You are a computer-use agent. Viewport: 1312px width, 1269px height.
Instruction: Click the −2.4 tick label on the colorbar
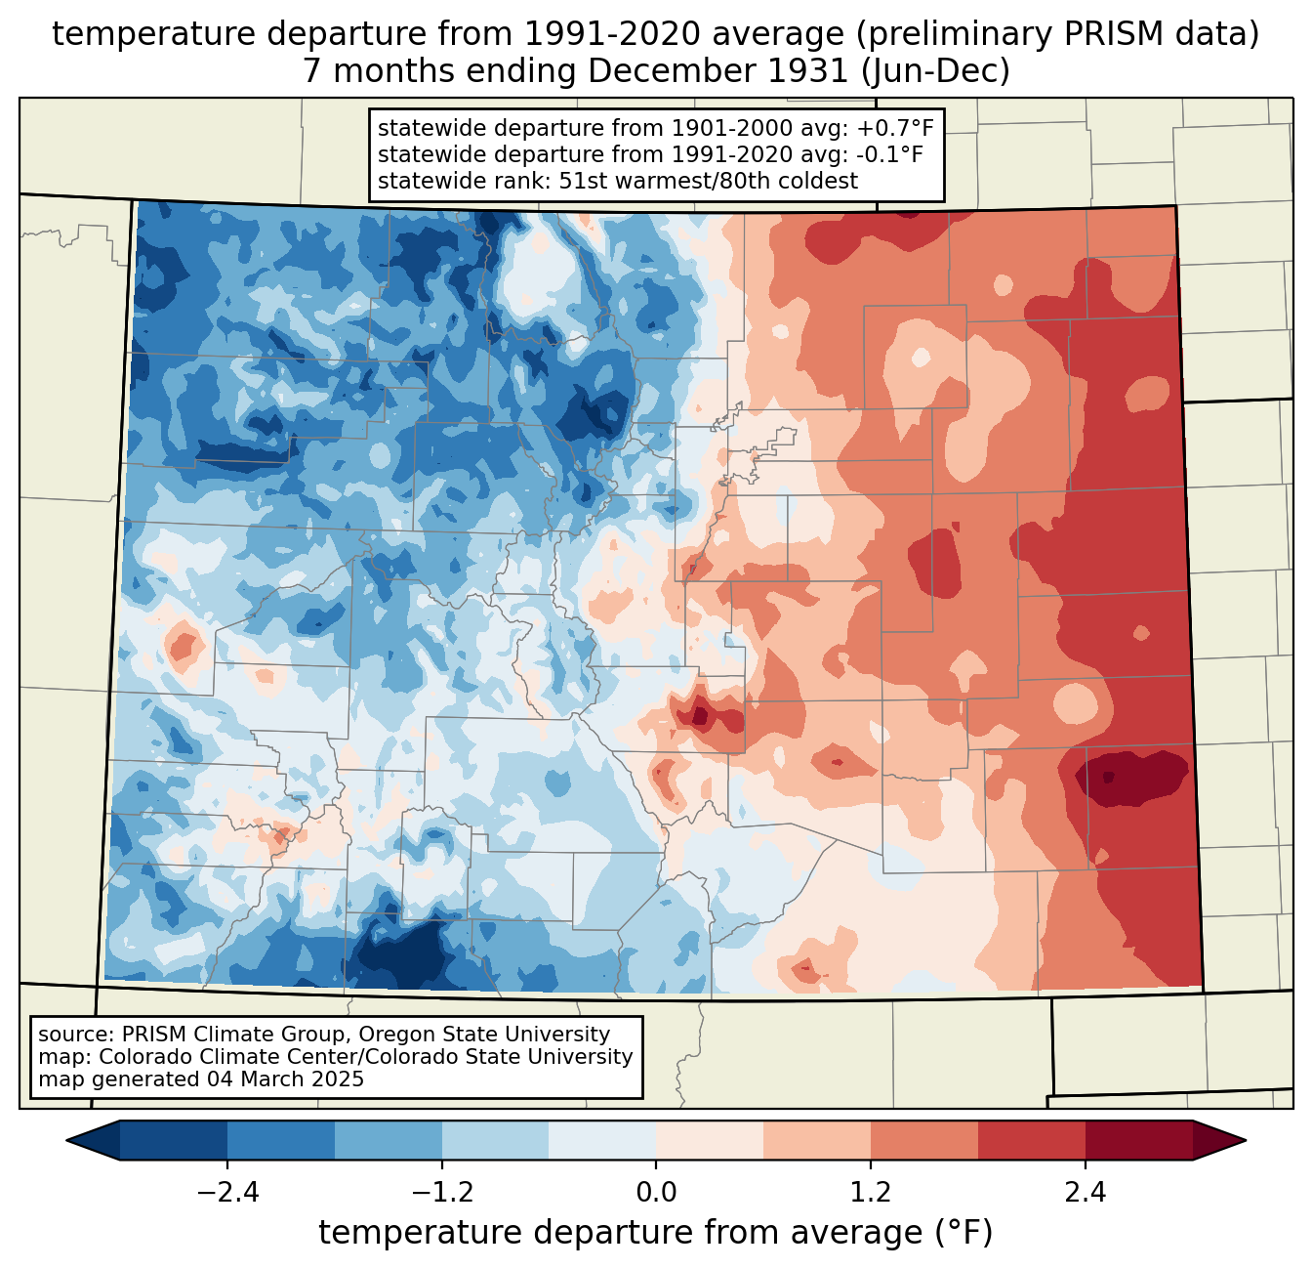[x=227, y=1193]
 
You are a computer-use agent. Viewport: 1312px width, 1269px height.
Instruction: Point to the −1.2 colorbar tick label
[x=441, y=1193]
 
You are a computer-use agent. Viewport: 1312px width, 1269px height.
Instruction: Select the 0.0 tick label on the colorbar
[x=656, y=1193]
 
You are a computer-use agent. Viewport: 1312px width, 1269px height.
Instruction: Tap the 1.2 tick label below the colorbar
[x=871, y=1193]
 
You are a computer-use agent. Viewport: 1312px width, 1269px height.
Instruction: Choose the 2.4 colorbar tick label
[x=1085, y=1193]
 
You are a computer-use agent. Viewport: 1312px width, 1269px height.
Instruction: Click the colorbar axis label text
[x=655, y=1233]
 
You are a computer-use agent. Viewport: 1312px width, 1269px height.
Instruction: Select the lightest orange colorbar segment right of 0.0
[x=710, y=1140]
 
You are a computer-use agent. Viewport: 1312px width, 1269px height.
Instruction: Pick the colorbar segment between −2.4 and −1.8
[x=281, y=1140]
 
